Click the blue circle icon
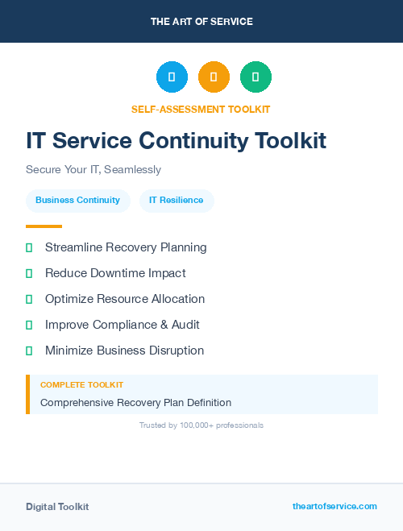click(x=172, y=77)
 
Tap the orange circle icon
click(x=214, y=77)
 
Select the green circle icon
click(x=256, y=77)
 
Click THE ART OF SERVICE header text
click(x=201, y=22)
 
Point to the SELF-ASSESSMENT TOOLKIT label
click(x=201, y=109)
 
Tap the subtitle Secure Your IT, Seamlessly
click(x=93, y=170)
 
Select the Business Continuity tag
click(x=77, y=200)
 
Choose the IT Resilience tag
click(x=177, y=200)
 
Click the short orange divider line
click(x=44, y=226)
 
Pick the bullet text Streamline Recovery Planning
click(x=126, y=247)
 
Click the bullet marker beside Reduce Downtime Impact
click(x=29, y=273)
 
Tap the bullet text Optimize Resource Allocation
click(x=125, y=299)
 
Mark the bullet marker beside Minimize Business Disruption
click(x=29, y=351)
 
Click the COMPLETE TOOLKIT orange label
click(x=81, y=385)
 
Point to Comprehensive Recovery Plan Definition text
click(x=135, y=402)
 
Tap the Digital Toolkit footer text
click(x=57, y=507)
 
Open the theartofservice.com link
click(x=334, y=506)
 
